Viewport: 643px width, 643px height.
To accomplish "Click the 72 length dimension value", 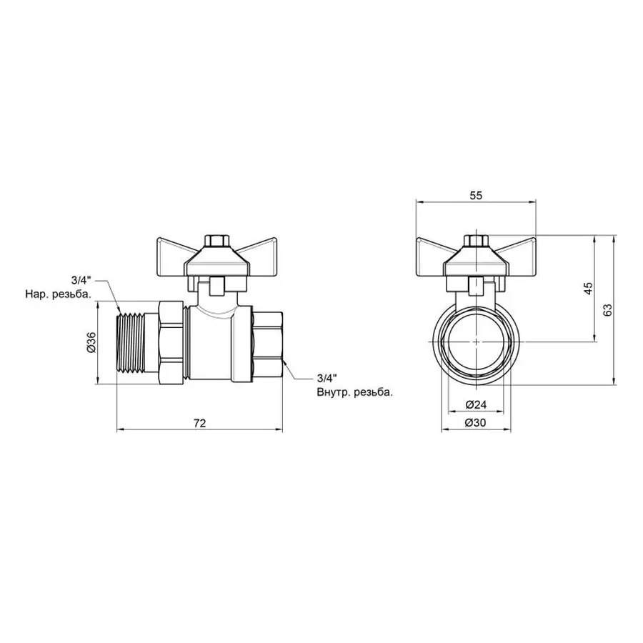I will (x=199, y=423).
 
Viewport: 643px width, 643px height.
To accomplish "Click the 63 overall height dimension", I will (x=607, y=309).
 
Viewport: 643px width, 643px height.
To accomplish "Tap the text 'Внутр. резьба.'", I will (x=354, y=392).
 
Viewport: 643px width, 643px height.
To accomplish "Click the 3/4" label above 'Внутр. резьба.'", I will (x=326, y=378).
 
